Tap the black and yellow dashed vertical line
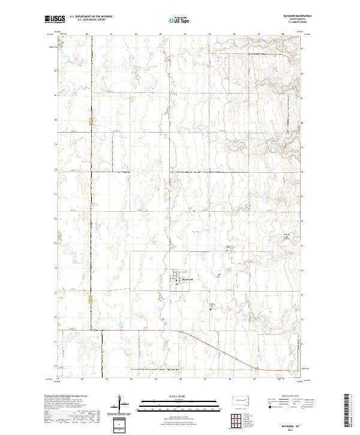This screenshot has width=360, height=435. pyautogui.click(x=92, y=180)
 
